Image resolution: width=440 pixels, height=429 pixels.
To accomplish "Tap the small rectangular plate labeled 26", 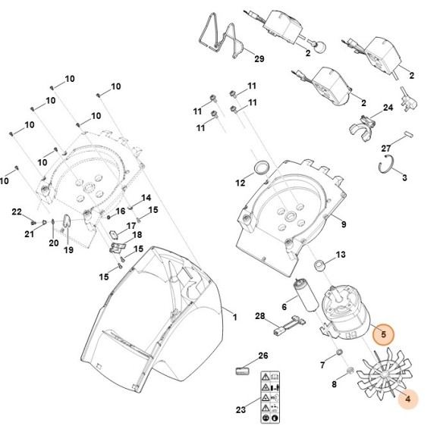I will pyautogui.click(x=243, y=370).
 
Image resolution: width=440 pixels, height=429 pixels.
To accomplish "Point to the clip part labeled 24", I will pyautogui.click(x=366, y=124).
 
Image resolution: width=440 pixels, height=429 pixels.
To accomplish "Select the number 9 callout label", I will pyautogui.click(x=343, y=224).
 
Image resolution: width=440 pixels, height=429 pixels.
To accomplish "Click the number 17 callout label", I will pyautogui.click(x=130, y=226).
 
